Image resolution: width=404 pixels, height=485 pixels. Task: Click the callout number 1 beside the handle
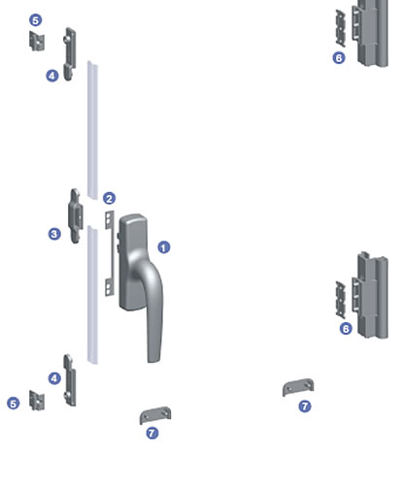[164, 247]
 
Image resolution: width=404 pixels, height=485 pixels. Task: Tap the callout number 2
[109, 198]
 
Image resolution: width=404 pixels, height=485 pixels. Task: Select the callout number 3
[54, 234]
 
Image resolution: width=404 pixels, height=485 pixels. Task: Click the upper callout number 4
[52, 76]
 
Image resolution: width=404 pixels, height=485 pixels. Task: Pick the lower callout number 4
[54, 378]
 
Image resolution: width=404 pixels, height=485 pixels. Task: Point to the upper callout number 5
[36, 20]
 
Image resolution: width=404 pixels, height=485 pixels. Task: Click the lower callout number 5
[14, 404]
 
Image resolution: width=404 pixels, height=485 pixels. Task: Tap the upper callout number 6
[339, 58]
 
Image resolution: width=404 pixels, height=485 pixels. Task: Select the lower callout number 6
[346, 329]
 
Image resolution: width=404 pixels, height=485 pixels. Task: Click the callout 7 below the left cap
[152, 433]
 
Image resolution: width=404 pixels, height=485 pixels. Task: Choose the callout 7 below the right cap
[305, 406]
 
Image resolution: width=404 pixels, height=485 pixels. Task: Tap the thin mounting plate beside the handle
[110, 253]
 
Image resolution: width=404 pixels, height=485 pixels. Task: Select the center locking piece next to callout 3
[76, 215]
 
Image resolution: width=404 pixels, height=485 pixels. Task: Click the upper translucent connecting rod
[92, 129]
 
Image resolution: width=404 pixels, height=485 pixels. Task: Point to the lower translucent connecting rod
[92, 295]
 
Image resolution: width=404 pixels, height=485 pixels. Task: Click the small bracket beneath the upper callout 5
[37, 41]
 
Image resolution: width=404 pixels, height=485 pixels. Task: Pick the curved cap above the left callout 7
[155, 415]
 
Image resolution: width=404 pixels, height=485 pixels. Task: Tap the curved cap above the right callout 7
[298, 387]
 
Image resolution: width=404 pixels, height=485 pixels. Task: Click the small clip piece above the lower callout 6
[340, 300]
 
